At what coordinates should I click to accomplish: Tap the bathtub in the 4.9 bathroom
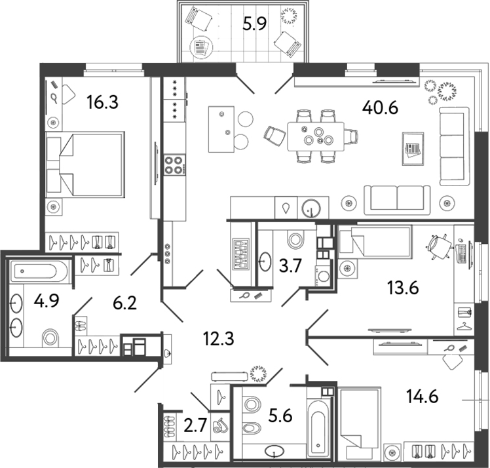pyautogui.click(x=39, y=269)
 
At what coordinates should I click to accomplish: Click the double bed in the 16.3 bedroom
pyautogui.click(x=85, y=164)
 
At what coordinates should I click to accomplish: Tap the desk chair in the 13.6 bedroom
pyautogui.click(x=438, y=246)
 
